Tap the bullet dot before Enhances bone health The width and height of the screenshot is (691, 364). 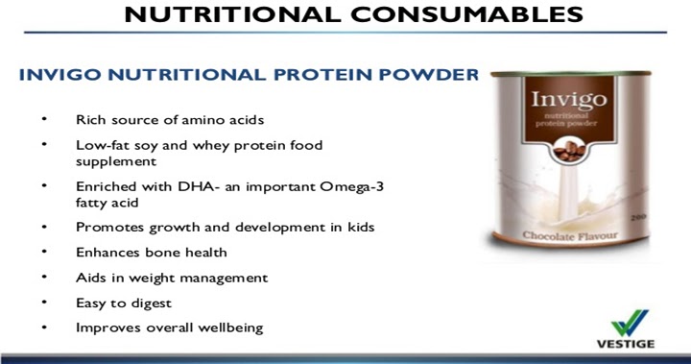43,252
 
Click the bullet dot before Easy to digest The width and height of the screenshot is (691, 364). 43,303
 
